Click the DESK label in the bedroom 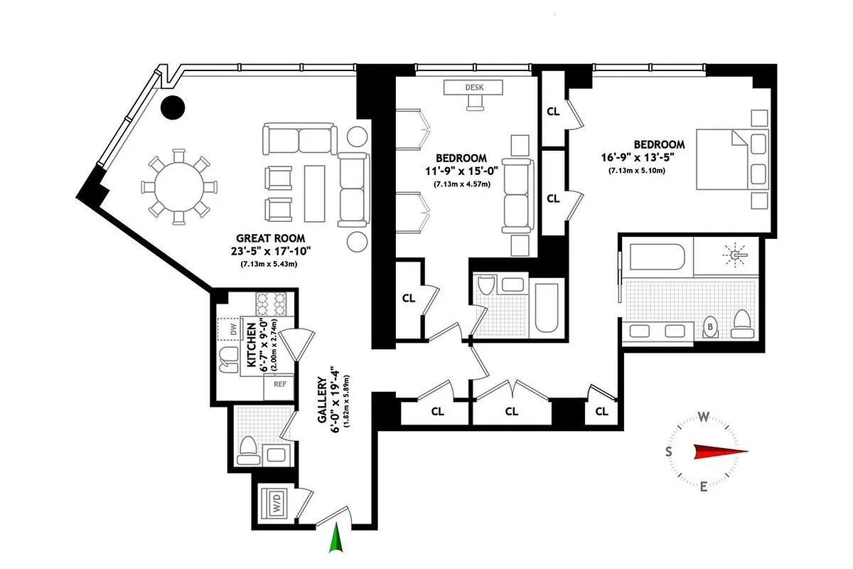click(x=473, y=87)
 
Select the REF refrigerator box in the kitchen click(x=280, y=385)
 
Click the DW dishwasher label click(x=232, y=329)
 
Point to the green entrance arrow click(x=336, y=538)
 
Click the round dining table click(x=179, y=184)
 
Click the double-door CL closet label click(x=511, y=411)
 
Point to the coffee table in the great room click(x=315, y=191)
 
